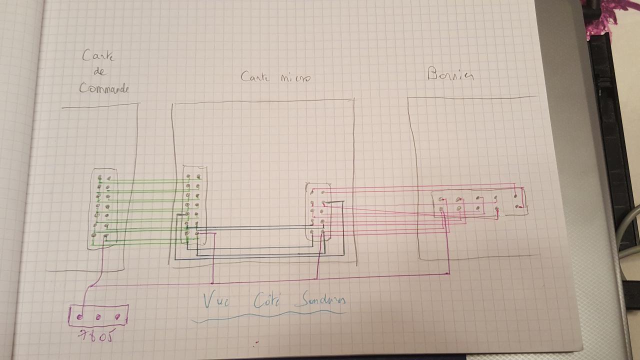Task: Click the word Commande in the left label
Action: click(x=104, y=88)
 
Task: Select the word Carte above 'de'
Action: click(x=98, y=55)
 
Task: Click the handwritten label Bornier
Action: click(x=450, y=75)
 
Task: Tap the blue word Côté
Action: click(x=265, y=300)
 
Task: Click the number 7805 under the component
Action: click(x=95, y=334)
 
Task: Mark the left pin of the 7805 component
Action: click(x=79, y=316)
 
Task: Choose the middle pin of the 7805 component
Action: click(x=98, y=316)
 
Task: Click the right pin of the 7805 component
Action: click(x=117, y=316)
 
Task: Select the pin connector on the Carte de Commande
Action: click(x=104, y=209)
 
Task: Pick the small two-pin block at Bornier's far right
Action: click(x=517, y=201)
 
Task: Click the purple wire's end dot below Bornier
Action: click(x=448, y=273)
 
